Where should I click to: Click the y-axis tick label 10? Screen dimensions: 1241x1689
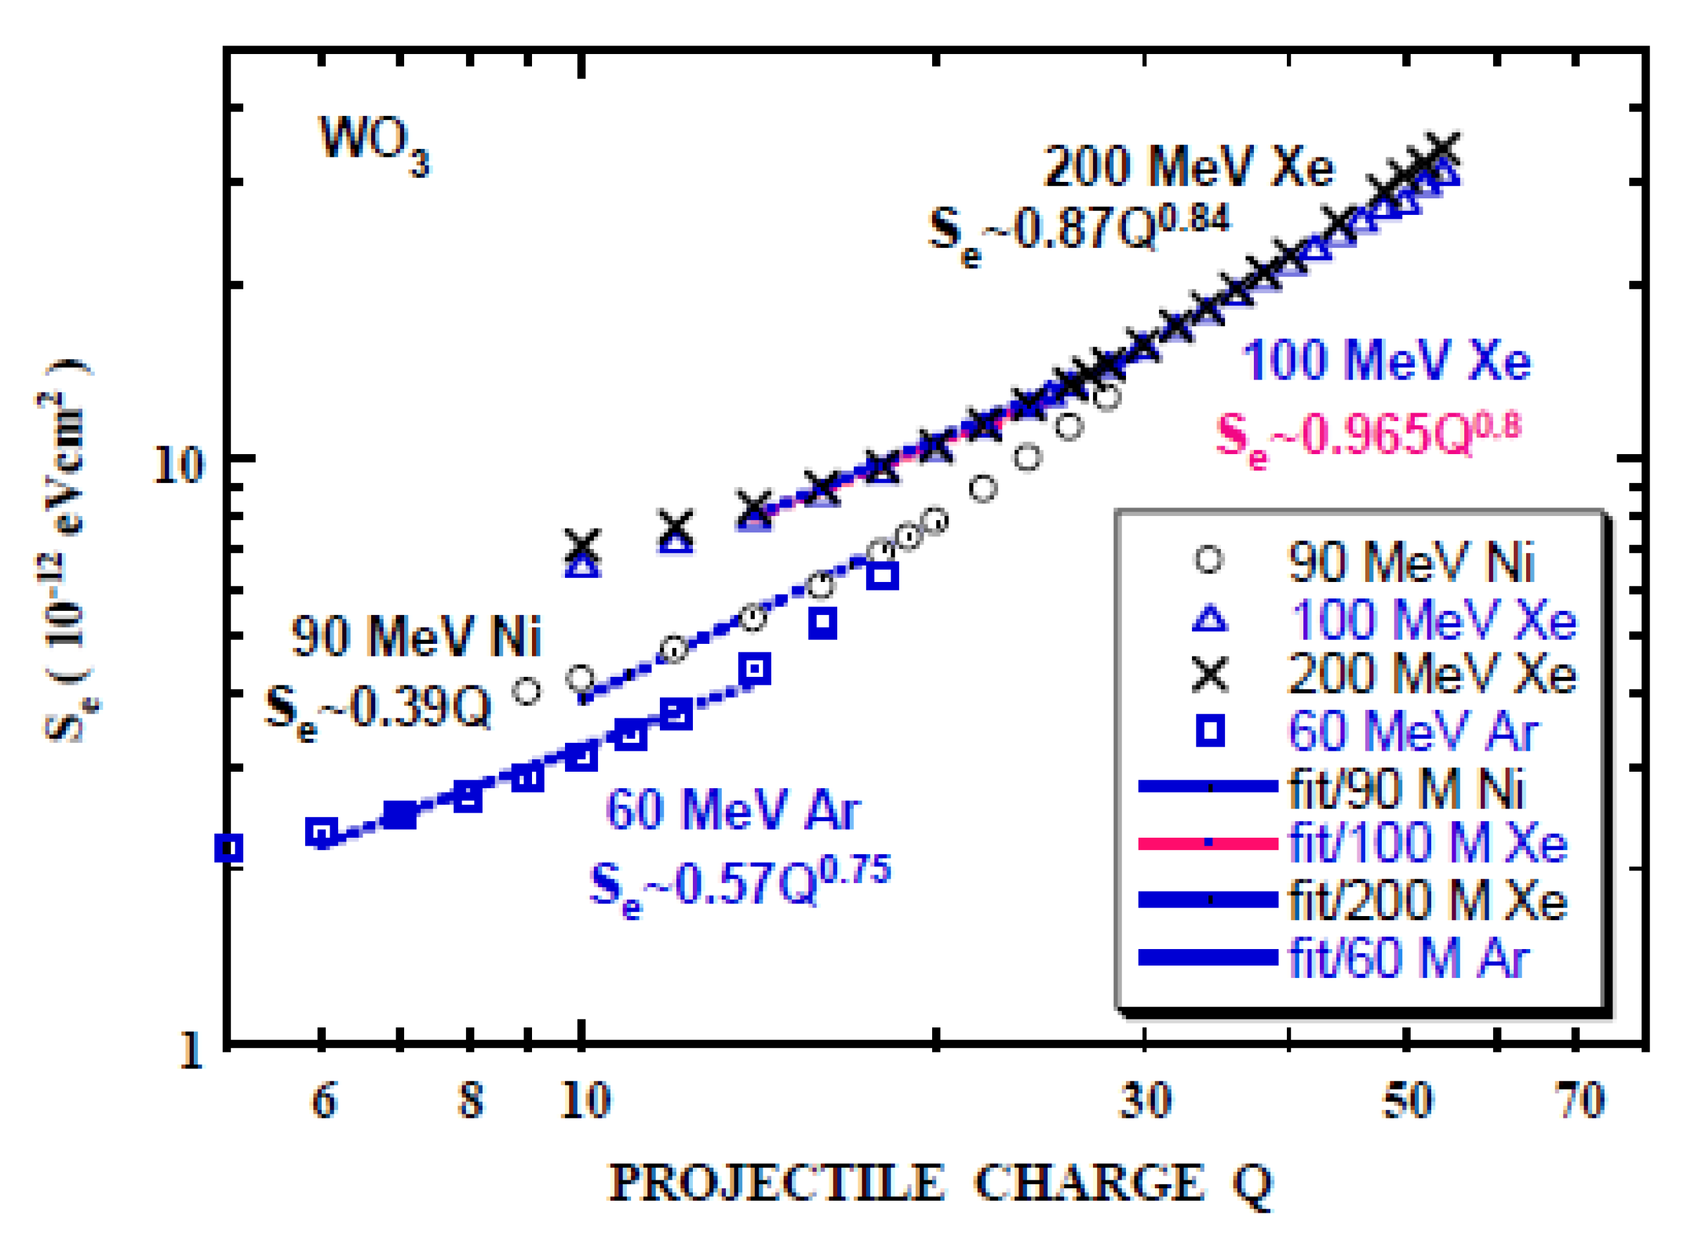(x=178, y=465)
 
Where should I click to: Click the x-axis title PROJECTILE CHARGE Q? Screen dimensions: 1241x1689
(x=940, y=1183)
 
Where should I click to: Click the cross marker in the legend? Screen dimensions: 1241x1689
(x=1210, y=673)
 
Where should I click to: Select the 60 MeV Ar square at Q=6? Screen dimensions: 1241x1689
(x=322, y=832)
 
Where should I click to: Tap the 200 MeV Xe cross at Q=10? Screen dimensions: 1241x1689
(x=582, y=546)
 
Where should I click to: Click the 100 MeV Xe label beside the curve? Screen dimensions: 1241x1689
(x=1386, y=361)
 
